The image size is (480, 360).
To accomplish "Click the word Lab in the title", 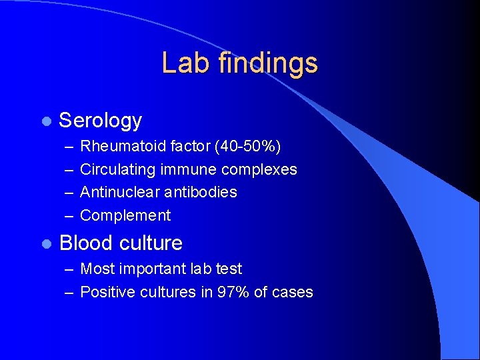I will pyautogui.click(x=180, y=63).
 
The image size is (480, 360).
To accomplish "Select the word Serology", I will pyautogui.click(x=101, y=121).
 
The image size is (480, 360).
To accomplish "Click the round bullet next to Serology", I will pyautogui.click(x=45, y=121).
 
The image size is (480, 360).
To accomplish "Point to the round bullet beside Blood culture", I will pyautogui.click(x=45, y=244).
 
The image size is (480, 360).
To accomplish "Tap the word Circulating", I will pyautogui.click(x=118, y=169).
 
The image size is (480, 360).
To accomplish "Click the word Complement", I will pyautogui.click(x=125, y=215).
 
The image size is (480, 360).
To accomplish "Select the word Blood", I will pyautogui.click(x=83, y=243).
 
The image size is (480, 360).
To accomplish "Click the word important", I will pyautogui.click(x=155, y=269).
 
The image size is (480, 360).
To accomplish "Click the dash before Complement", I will pyautogui.click(x=69, y=215).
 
